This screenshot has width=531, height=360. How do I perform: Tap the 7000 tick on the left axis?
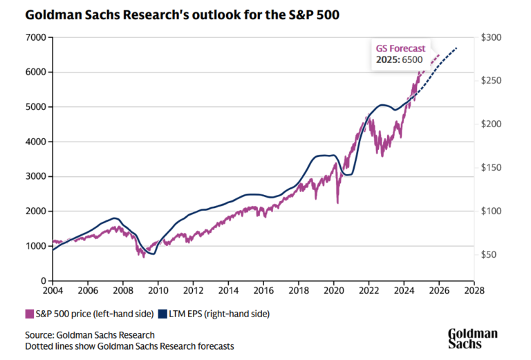[x=36, y=37]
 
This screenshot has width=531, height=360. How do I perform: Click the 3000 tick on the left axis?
[x=36, y=176]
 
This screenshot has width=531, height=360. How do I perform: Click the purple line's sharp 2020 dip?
[x=337, y=202]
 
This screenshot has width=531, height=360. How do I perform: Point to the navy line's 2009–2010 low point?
[x=153, y=254]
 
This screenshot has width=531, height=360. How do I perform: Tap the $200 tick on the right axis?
[x=492, y=124]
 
